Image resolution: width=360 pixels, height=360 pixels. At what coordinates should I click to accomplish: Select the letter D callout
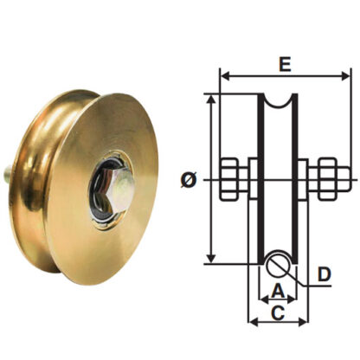click(324, 274)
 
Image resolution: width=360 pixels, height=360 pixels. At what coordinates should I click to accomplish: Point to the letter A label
click(278, 290)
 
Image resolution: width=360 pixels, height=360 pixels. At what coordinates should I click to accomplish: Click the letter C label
click(278, 312)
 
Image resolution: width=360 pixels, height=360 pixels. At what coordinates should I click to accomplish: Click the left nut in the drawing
click(231, 179)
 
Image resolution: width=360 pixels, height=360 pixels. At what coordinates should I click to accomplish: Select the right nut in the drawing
click(326, 179)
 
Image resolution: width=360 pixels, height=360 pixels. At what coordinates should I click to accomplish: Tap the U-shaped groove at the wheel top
click(279, 105)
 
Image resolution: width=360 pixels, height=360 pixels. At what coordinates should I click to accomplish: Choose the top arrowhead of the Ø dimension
click(209, 98)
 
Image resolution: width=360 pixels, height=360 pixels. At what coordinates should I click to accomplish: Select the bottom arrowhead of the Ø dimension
click(209, 260)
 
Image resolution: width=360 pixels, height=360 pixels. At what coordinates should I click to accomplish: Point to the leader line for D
click(302, 273)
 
